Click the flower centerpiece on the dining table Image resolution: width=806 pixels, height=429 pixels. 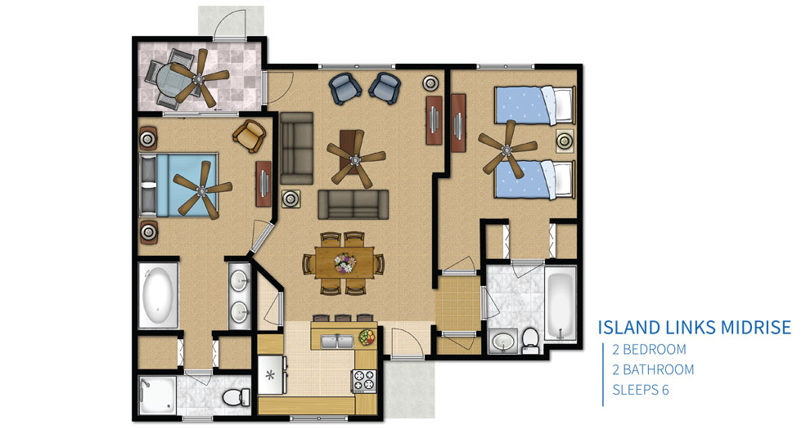(x=345, y=263)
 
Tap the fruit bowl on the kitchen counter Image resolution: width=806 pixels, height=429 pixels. (x=367, y=337)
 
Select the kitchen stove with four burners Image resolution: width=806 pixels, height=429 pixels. (x=364, y=380)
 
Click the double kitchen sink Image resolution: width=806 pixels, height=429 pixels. (x=337, y=342)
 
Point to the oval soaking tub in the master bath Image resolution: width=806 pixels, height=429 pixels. (x=158, y=294)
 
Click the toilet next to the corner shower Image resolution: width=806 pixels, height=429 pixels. (x=236, y=396)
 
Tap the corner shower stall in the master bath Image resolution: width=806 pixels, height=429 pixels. (x=157, y=395)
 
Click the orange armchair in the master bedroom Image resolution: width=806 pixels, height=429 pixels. (x=250, y=136)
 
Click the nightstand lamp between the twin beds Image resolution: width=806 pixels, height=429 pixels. (x=565, y=140)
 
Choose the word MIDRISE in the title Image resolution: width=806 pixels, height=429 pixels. (x=754, y=328)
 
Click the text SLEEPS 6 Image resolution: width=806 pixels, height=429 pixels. (x=641, y=390)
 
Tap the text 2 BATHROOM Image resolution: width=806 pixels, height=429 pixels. (x=653, y=369)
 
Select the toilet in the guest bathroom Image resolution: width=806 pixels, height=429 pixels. (x=529, y=341)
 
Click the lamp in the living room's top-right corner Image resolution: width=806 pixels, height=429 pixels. (x=430, y=83)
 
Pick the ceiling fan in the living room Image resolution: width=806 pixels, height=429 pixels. (x=355, y=159)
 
